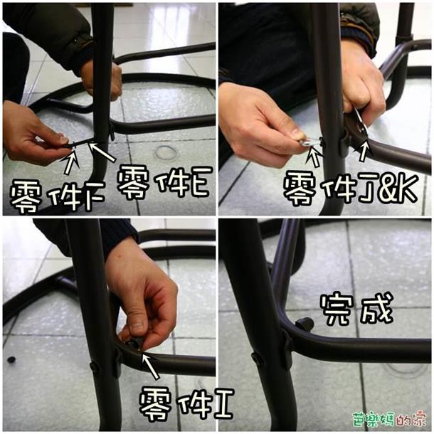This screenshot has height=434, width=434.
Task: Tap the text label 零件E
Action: pos(163,183)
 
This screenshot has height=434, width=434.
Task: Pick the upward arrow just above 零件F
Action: pos(71,161)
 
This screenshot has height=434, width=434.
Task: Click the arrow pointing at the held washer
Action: pos(315,157)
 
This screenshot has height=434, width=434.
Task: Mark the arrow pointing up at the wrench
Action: pos(364,151)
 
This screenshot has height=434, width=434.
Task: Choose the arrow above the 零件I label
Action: pos(150,366)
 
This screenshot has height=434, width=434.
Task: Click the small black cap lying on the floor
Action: pos(11,360)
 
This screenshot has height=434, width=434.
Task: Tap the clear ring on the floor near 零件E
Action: pos(166,152)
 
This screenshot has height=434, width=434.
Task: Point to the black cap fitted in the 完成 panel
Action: pos(305,324)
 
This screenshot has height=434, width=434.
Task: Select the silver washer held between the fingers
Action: pos(308,143)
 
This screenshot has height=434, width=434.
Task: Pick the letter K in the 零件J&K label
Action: pos(407,189)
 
